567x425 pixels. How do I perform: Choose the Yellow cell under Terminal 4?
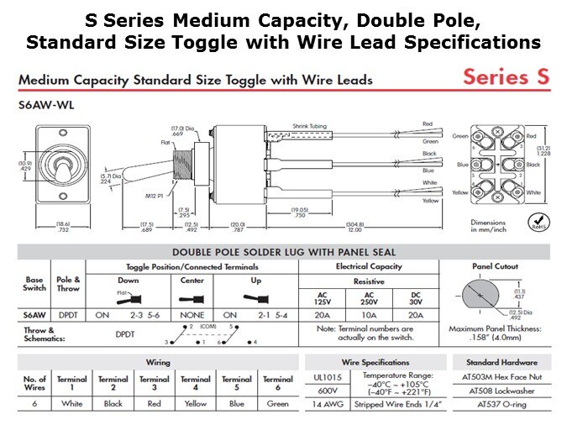[195, 402]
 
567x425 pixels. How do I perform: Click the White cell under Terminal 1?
[71, 402]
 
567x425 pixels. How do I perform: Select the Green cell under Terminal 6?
[278, 402]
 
